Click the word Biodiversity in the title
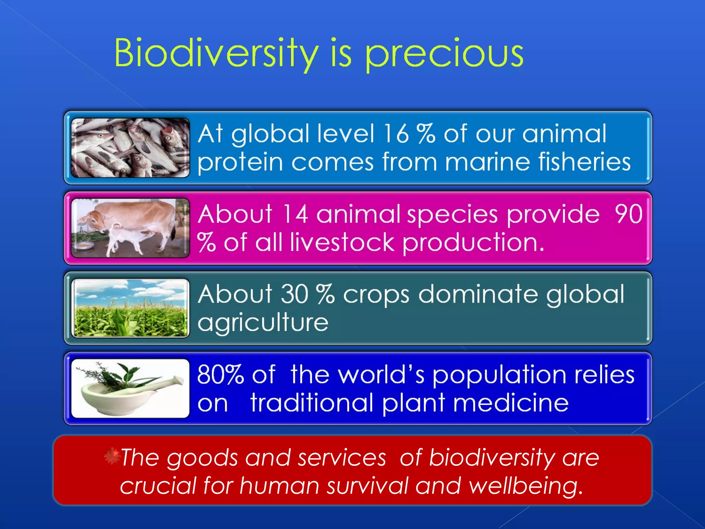216,53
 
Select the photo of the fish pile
130,148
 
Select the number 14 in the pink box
295,214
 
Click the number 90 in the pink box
629,214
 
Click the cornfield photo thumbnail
130,308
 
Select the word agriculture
263,323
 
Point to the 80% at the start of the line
220,375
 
